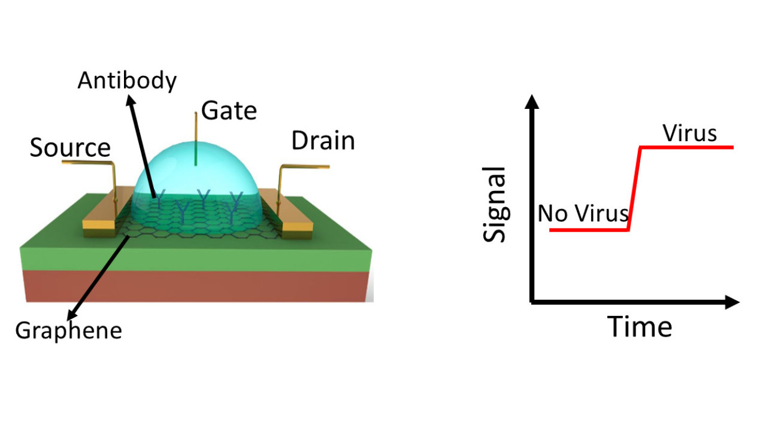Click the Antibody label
click(x=127, y=81)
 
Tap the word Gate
click(x=229, y=111)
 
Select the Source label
click(x=70, y=148)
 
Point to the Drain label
click(x=323, y=141)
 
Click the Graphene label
click(x=68, y=330)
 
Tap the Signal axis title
click(x=495, y=205)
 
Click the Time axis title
click(x=640, y=327)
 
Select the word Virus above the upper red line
click(x=689, y=133)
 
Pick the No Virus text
click(x=583, y=213)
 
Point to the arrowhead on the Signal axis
click(x=531, y=100)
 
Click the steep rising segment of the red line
click(x=635, y=188)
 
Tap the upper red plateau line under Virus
click(x=689, y=147)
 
